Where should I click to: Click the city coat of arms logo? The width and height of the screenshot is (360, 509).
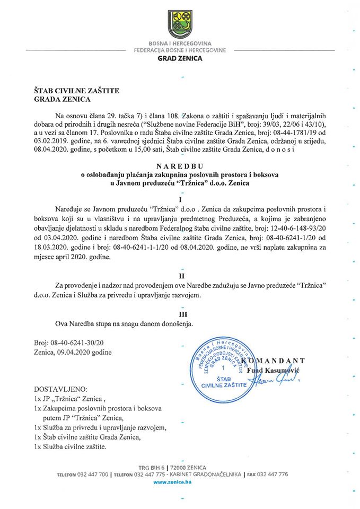coord(180,25)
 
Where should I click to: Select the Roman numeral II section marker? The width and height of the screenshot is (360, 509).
coord(181,276)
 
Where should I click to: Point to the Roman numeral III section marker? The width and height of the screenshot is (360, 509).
coord(181,313)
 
